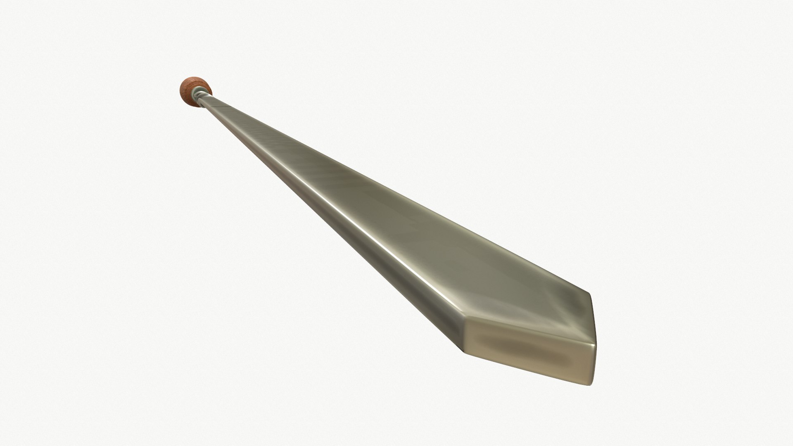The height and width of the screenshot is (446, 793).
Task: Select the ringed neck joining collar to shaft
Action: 200,95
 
